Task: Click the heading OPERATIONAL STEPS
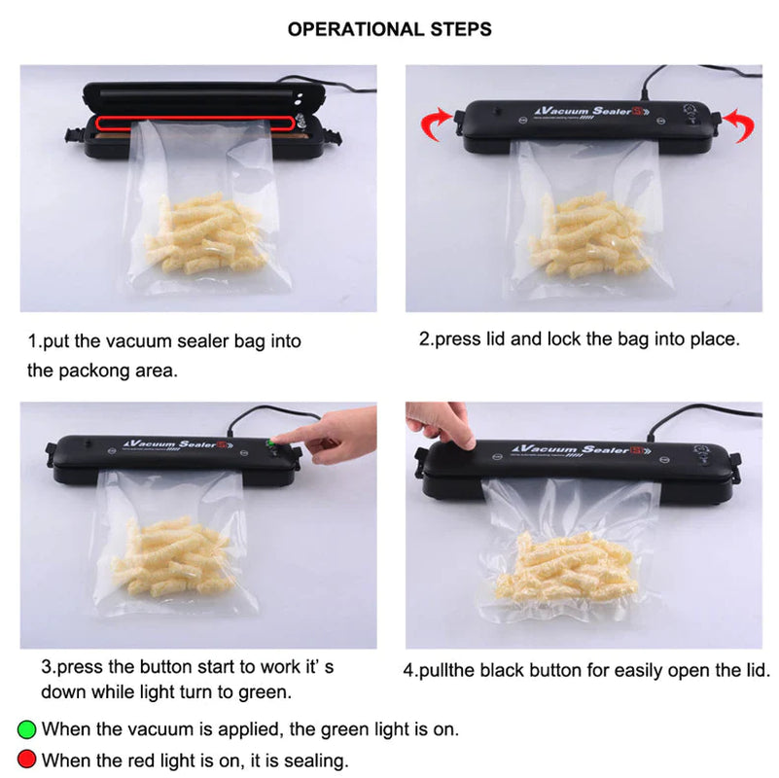389,29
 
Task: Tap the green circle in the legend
27,728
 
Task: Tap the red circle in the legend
27,760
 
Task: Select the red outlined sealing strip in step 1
195,122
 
